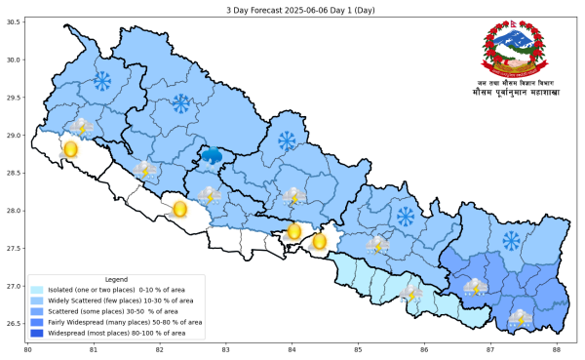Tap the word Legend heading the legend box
click(115, 279)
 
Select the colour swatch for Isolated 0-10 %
click(37, 290)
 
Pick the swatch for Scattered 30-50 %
click(37, 311)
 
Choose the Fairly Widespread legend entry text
click(127, 321)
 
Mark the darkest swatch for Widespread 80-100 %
click(37, 332)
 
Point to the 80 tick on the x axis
click(27, 348)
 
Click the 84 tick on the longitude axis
click(292, 348)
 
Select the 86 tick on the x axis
click(424, 348)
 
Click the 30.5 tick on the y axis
click(14, 22)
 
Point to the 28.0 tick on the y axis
click(14, 211)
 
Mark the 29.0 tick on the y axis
click(14, 136)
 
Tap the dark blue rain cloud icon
click(211, 155)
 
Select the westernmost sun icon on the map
click(70, 149)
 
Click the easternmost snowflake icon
click(511, 240)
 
